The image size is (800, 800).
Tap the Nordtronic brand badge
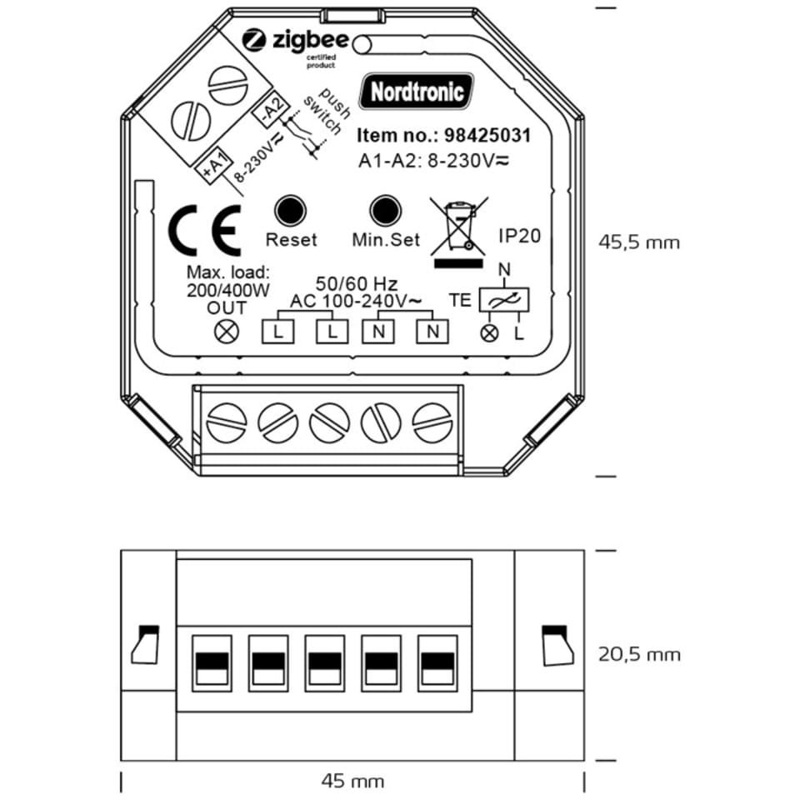(417, 91)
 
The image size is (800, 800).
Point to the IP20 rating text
(519, 236)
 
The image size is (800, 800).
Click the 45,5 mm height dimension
(639, 242)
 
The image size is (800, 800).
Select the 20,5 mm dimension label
(639, 654)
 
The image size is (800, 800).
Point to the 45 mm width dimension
(352, 781)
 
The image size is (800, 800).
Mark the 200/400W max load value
(227, 289)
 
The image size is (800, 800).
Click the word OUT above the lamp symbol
(227, 307)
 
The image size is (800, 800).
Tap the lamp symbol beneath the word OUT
(227, 331)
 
